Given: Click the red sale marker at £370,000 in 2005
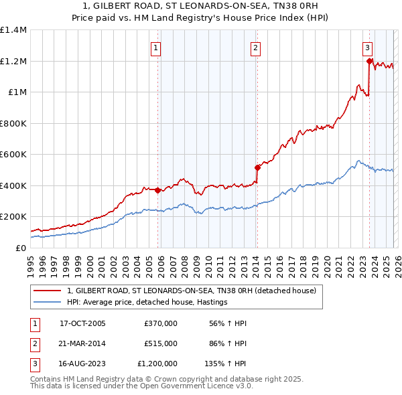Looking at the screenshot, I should click(158, 190).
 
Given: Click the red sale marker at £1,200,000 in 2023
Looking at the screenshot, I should click(369, 61).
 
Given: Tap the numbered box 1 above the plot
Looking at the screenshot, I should click(155, 48).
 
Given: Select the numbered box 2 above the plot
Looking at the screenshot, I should click(256, 48).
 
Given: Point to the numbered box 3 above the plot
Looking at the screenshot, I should click(368, 48).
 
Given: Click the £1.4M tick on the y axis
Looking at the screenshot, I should click(13, 30).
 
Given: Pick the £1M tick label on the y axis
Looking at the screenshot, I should click(17, 92).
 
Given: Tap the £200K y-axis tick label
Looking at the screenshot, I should click(13, 217).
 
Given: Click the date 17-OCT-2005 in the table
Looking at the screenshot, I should click(82, 323).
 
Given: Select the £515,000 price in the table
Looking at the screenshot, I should click(161, 343).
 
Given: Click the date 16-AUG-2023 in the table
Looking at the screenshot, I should click(82, 364).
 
